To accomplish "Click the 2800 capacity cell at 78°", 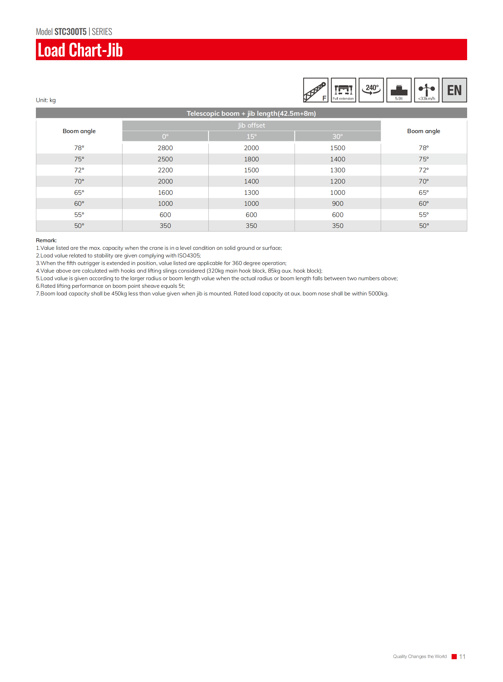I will (x=165, y=148).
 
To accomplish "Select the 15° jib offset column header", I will (x=251, y=136).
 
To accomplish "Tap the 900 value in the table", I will (x=337, y=204).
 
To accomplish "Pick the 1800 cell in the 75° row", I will (x=251, y=159).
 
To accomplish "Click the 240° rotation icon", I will (x=371, y=90).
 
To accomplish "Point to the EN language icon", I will (x=454, y=90).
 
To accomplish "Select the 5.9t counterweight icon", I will (x=399, y=90).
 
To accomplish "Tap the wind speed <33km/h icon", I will (x=426, y=90).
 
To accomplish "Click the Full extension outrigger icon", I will (x=343, y=90).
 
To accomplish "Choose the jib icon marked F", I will (x=315, y=90).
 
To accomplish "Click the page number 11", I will (x=462, y=656).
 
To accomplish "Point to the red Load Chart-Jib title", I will (x=80, y=50).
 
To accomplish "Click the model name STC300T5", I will (x=70, y=32).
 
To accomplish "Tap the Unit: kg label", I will (x=46, y=100).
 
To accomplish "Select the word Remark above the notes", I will (x=46, y=240).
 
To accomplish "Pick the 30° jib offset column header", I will (x=337, y=136).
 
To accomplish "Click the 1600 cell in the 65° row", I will (x=165, y=193).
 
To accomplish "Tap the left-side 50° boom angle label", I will (x=79, y=226).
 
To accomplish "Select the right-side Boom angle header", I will (x=424, y=131).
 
